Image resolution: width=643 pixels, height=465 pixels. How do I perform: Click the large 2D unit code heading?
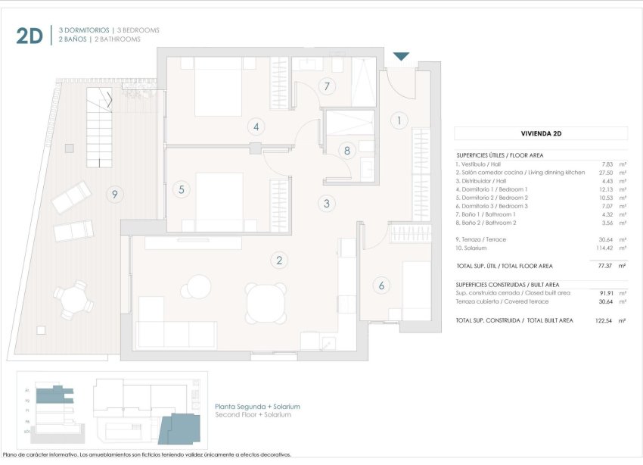tap(30, 35)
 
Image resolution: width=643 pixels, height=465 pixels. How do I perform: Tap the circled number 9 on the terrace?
tap(115, 195)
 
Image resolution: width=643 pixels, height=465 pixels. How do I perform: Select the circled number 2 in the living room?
tap(279, 261)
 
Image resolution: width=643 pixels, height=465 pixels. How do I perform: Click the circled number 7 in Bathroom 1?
tap(327, 86)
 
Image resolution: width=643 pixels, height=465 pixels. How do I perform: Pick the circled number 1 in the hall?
tap(399, 120)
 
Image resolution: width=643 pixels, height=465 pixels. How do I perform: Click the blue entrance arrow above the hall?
tap(401, 57)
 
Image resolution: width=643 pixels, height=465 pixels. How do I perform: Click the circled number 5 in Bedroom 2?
tap(182, 190)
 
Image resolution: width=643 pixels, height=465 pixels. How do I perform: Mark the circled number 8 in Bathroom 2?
tap(347, 151)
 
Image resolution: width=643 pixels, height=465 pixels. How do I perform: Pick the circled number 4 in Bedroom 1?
tap(256, 127)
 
